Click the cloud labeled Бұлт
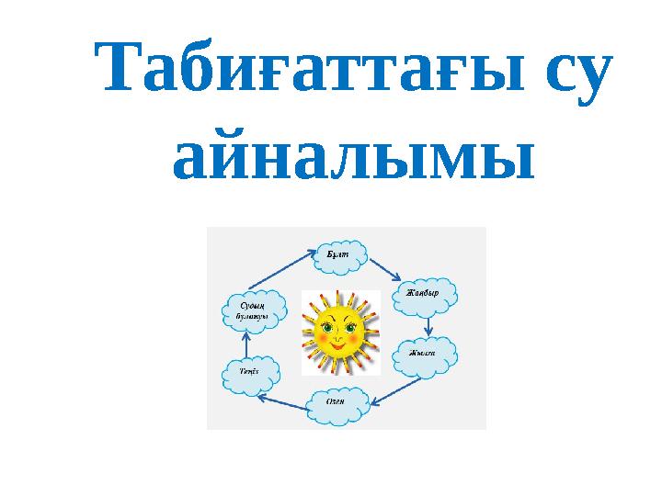click(x=340, y=253)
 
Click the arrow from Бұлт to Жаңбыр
click(x=383, y=268)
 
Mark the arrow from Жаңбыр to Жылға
click(x=428, y=324)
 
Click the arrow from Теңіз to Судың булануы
click(x=246, y=343)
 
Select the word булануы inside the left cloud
click(x=251, y=316)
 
